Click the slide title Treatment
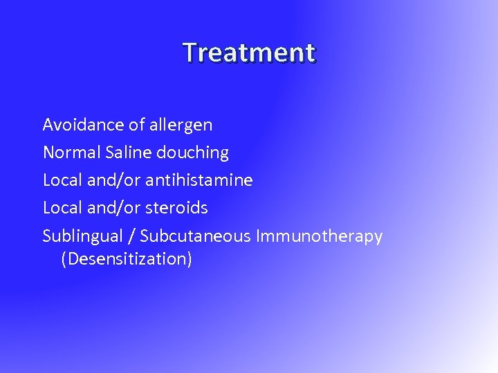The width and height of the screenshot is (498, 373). (x=249, y=52)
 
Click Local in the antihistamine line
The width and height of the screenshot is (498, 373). (x=62, y=180)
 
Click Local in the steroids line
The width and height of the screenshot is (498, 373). (x=62, y=208)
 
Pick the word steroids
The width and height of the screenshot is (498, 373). (x=176, y=208)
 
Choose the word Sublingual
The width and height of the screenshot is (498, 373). (x=82, y=236)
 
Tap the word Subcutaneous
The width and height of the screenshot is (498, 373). (x=196, y=236)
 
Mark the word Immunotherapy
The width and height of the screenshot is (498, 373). (x=319, y=237)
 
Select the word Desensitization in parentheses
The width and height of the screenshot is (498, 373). (x=127, y=260)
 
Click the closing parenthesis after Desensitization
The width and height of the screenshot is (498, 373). (x=189, y=260)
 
